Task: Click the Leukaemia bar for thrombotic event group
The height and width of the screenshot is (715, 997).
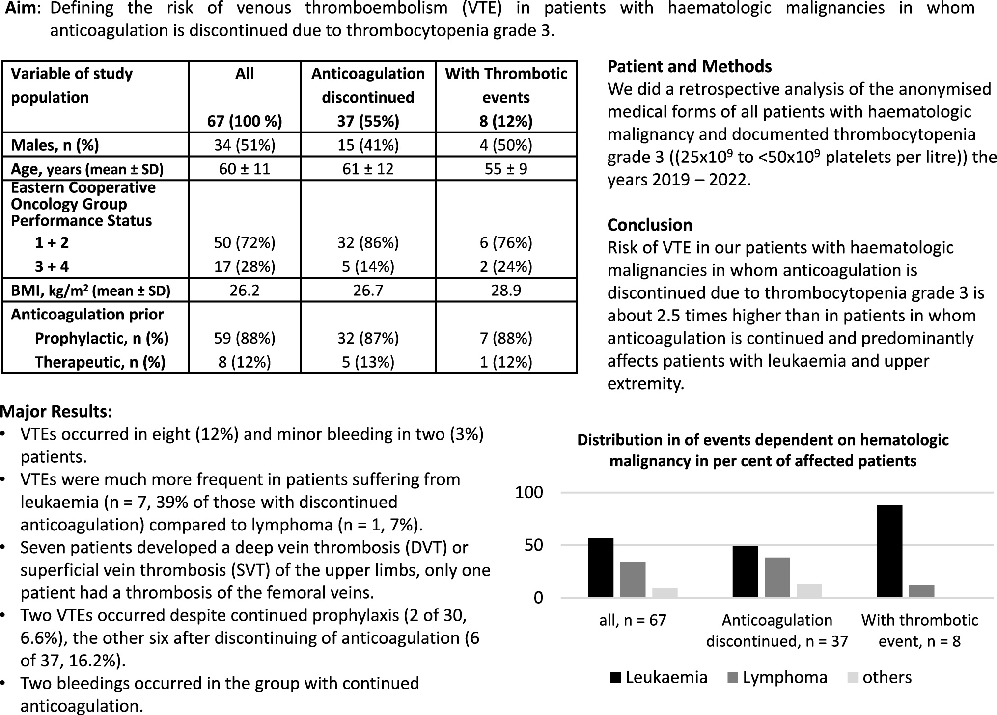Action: [889, 551]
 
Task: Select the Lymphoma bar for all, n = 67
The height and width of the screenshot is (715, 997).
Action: [633, 579]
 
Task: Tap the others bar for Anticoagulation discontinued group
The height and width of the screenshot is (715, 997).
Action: [809, 590]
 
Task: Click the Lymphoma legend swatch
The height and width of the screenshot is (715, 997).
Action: [733, 678]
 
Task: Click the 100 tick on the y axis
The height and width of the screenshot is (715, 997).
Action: [529, 492]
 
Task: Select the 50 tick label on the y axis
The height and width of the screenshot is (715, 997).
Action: [534, 545]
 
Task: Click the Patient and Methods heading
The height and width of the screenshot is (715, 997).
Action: [689, 66]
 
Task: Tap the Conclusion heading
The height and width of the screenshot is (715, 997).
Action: [649, 225]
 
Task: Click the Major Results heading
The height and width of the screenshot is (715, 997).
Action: [56, 411]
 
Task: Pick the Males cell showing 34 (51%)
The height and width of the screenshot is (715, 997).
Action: [245, 145]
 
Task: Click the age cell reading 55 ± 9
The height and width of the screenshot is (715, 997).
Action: [506, 169]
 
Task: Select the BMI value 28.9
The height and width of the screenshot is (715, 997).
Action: [506, 291]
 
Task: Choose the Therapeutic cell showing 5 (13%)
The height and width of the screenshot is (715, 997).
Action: [368, 362]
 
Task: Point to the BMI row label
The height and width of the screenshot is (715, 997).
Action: [90, 291]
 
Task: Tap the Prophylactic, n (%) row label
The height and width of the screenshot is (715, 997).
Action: [102, 338]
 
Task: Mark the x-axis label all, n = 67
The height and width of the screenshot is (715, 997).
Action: [633, 620]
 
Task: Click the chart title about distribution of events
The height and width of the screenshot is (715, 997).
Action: [763, 450]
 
